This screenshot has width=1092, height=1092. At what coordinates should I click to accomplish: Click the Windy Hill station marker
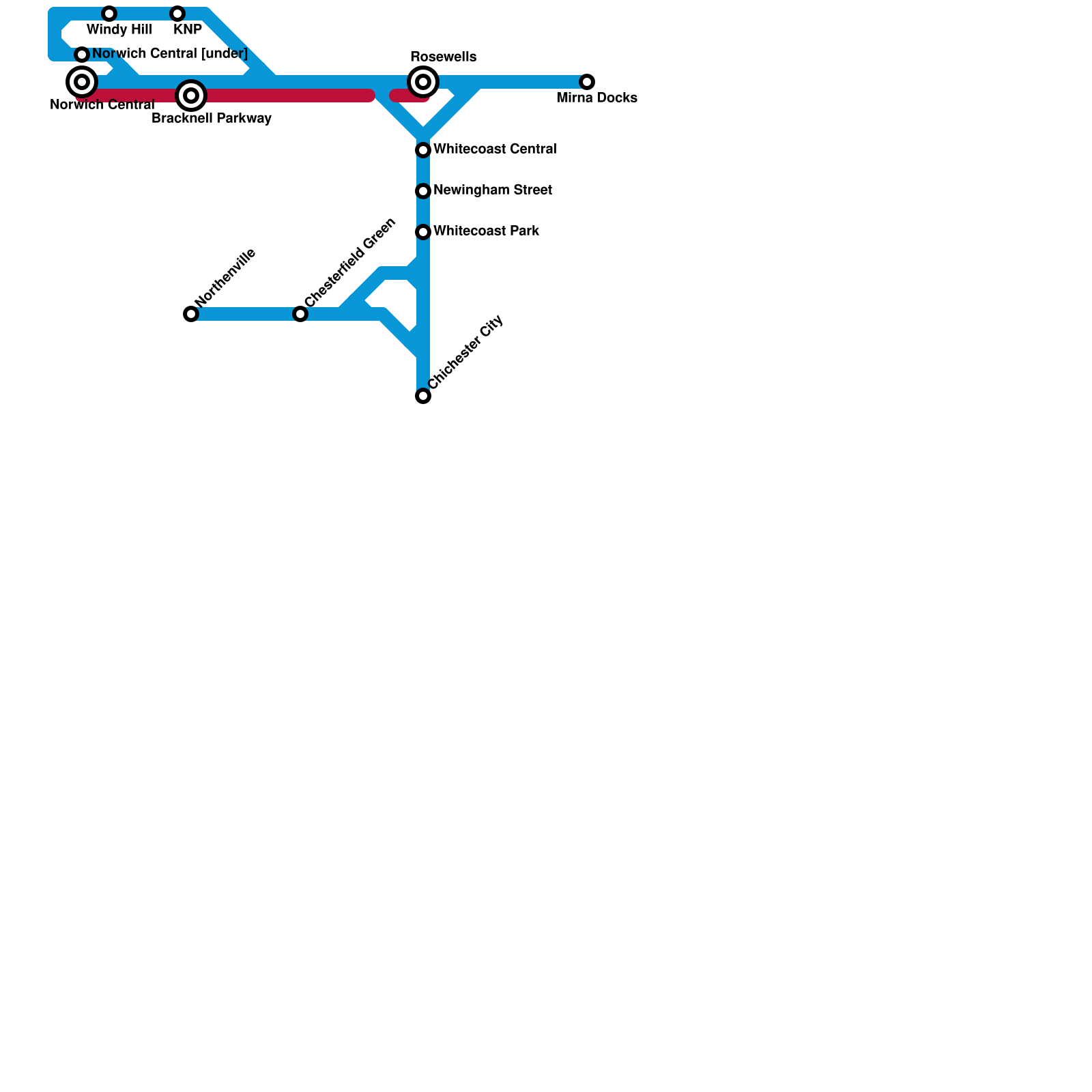[x=109, y=14]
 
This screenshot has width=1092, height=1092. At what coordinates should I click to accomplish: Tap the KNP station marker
[x=177, y=14]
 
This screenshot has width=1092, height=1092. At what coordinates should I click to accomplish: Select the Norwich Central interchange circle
[x=82, y=82]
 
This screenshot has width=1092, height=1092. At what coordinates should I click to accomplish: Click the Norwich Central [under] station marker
[x=82, y=55]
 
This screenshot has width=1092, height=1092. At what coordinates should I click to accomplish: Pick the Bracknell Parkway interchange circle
[x=191, y=96]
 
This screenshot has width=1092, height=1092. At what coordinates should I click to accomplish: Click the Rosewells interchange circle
[x=423, y=82]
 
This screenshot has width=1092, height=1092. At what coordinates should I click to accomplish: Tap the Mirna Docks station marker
[x=587, y=82]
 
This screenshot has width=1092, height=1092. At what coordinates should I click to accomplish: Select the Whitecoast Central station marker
[x=423, y=150]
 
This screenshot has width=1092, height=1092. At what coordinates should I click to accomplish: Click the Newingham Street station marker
[x=423, y=191]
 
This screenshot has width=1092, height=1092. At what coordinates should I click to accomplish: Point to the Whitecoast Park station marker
[x=423, y=232]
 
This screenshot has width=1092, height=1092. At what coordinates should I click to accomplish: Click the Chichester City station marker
[x=423, y=396]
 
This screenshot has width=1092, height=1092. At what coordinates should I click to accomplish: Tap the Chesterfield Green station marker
[x=300, y=314]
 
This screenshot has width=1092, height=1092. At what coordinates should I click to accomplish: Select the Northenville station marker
[x=191, y=314]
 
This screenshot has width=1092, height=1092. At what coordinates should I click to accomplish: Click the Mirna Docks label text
[x=597, y=98]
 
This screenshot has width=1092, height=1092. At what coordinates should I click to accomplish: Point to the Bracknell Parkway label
[x=212, y=119]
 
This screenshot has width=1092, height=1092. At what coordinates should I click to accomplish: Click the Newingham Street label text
[x=493, y=190]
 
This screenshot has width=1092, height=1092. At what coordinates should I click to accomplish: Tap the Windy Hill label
[x=119, y=30]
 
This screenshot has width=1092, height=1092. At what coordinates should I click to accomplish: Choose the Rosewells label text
[x=443, y=57]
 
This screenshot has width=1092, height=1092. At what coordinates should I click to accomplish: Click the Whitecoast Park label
[x=486, y=231]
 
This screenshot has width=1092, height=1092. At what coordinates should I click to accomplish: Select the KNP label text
[x=188, y=30]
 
